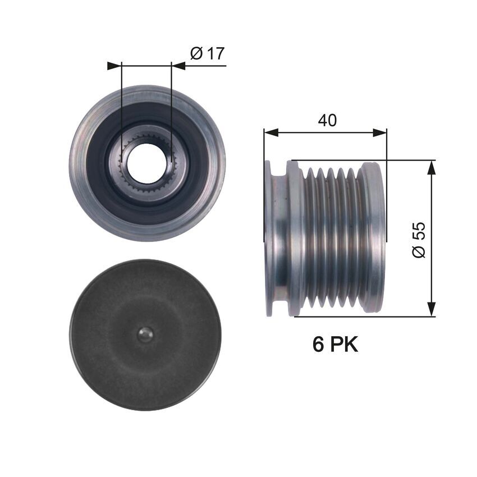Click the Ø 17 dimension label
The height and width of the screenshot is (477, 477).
coord(207,54)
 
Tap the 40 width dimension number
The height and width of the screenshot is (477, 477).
coord(327,120)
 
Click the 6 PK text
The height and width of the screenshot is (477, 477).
coord(335,345)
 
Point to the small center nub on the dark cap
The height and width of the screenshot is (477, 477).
coord(145,334)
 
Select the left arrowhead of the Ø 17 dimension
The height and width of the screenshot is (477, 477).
coord(114,66)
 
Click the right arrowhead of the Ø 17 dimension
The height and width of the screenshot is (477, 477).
coord(178,66)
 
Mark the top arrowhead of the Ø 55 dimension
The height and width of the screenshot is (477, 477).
coord(431,167)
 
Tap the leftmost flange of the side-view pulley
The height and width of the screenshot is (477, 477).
coord(269,236)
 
